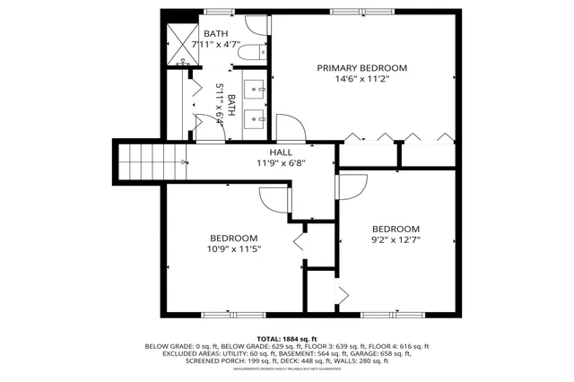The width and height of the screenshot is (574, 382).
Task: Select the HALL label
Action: tap(281, 153)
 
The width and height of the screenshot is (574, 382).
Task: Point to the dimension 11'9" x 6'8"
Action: tap(281, 164)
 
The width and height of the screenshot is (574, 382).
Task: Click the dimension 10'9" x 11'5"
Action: tap(235, 249)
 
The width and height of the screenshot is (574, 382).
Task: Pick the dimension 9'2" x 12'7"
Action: tap(396, 239)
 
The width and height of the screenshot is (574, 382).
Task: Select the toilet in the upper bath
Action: tap(253, 51)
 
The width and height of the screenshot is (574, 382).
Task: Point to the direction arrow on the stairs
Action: tap(183, 162)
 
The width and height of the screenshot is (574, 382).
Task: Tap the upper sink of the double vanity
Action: tap(257, 88)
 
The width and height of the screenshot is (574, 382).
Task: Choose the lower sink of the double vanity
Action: tap(257, 116)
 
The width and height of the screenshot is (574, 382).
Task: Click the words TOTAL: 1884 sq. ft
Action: tap(288, 339)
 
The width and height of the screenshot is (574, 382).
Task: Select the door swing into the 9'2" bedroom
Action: tap(352, 187)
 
